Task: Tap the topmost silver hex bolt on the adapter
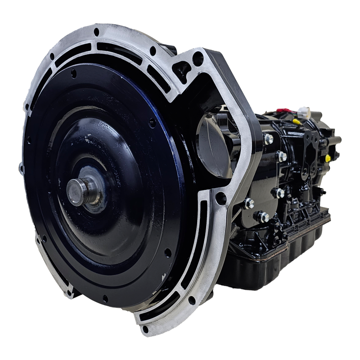[x=268, y=139]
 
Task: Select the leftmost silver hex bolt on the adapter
[x=249, y=203]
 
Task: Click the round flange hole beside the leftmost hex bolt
[x=221, y=198]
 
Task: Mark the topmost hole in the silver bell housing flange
[x=96, y=32]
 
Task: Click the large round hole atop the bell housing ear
[x=197, y=58]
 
